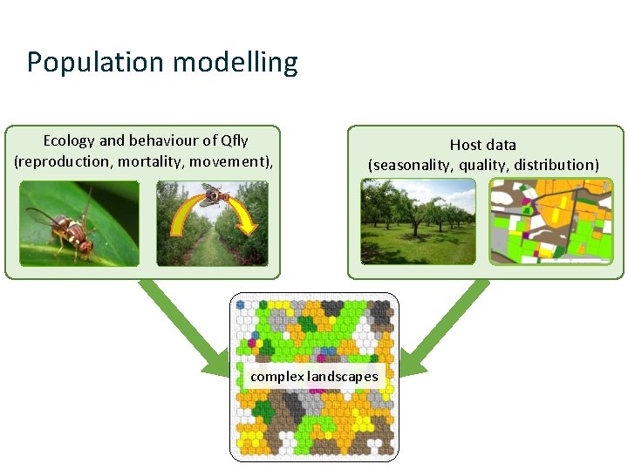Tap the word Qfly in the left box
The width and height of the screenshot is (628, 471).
click(235, 140)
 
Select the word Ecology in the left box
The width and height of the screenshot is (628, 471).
click(70, 140)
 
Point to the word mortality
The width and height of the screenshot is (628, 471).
click(154, 161)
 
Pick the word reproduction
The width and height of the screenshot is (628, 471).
click(60, 161)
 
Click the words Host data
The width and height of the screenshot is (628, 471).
click(482, 145)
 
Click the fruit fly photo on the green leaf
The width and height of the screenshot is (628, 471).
click(79, 223)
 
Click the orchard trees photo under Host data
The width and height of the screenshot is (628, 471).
click(419, 222)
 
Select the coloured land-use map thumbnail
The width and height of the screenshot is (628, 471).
click(551, 222)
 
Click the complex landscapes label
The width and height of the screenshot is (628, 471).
click(314, 377)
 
